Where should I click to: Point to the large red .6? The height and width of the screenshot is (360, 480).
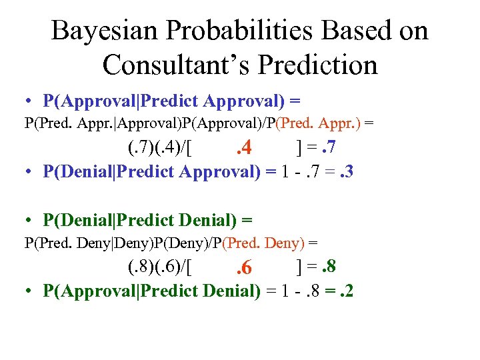(244, 269)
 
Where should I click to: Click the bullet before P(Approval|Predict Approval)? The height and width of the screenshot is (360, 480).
(27, 102)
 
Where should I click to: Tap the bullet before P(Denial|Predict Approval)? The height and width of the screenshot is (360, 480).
(27, 172)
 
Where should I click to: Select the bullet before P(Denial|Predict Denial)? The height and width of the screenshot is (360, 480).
(27, 220)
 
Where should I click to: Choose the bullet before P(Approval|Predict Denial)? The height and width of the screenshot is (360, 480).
(27, 291)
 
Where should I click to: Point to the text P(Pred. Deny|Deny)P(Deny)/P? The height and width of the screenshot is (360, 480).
(133, 243)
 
